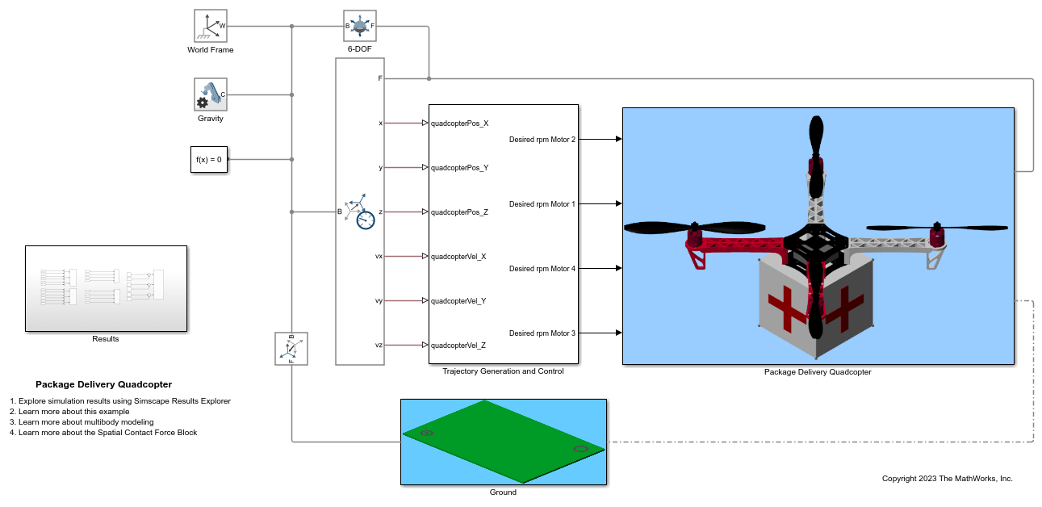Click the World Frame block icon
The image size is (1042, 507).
pos(211,26)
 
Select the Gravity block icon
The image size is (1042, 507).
pos(211,94)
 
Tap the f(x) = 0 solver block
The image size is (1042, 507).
pos(208,160)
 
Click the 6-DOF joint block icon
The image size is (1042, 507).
pos(360,26)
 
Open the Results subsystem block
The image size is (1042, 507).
pos(106,288)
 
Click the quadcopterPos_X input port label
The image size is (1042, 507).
pos(459,124)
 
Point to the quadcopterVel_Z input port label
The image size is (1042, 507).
pos(458,346)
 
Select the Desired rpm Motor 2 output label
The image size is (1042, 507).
pos(542,140)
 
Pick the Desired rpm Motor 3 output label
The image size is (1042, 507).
pos(542,333)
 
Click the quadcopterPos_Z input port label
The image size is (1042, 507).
pos(459,212)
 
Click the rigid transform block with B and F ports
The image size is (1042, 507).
pos(291,349)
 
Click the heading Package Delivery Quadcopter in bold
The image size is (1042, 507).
pos(103,385)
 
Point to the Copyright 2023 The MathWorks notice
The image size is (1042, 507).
pos(947,479)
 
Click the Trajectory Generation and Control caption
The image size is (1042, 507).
pos(503,371)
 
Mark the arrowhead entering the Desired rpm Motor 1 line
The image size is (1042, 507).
pos(618,203)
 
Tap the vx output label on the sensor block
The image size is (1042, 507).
pos(379,257)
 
